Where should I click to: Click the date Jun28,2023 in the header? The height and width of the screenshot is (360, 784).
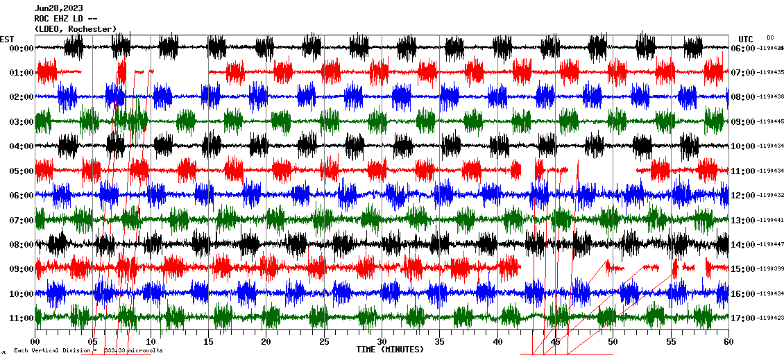(x=59, y=8)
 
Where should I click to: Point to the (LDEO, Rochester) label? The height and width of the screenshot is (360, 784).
(x=75, y=29)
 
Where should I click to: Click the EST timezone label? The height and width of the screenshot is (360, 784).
(x=7, y=39)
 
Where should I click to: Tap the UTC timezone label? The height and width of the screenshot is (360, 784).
(x=745, y=39)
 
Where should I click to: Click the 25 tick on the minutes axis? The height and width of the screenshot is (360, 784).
(x=324, y=342)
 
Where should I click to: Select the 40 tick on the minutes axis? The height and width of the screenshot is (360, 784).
(x=497, y=342)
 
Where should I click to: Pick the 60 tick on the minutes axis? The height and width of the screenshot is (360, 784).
(x=728, y=342)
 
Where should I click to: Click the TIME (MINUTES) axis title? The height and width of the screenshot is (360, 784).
(x=390, y=350)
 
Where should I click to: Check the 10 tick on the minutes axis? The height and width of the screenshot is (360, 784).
(x=151, y=342)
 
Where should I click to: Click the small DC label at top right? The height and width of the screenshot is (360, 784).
(x=770, y=37)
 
